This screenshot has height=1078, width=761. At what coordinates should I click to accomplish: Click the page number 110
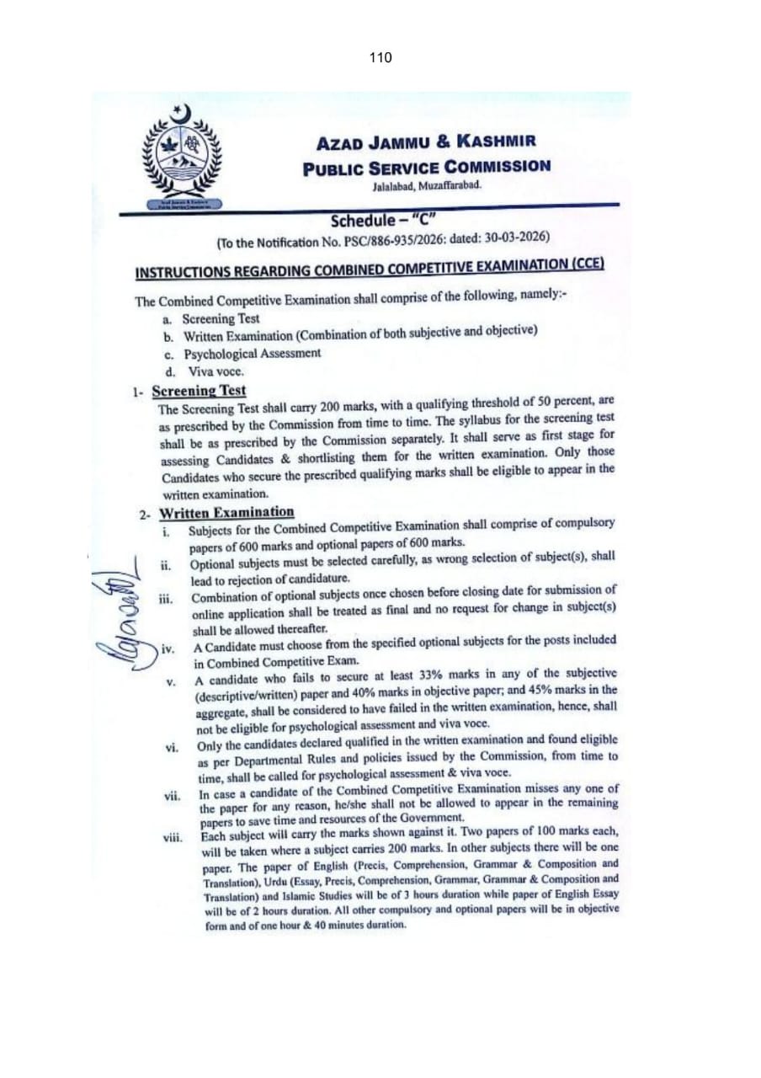[380, 58]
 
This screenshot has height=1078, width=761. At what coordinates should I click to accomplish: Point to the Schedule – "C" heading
[381, 221]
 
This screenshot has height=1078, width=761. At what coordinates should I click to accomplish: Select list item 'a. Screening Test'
[221, 319]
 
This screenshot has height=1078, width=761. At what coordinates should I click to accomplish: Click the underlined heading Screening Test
[199, 391]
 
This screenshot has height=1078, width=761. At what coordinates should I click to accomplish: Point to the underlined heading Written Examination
[226, 512]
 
